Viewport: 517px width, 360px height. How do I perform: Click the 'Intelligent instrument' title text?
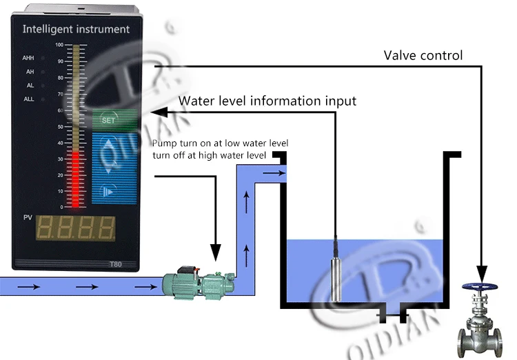pos(76,29)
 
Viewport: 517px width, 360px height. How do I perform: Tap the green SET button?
pos(109,119)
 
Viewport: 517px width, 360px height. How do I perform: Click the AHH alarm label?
pos(29,58)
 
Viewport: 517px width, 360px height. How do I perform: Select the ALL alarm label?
pos(29,99)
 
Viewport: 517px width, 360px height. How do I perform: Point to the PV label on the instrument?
pos(28,218)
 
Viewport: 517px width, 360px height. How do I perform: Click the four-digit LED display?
pos(76,228)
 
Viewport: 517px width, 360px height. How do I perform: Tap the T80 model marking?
pos(115,263)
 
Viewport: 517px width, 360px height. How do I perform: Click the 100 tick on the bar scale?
pos(59,45)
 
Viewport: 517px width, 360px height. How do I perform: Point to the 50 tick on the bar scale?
pos(59,126)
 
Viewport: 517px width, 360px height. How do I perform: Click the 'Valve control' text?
pos(423,54)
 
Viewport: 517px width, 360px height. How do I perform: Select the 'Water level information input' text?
pos(267,101)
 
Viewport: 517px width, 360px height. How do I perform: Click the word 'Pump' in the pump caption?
pos(163,143)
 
